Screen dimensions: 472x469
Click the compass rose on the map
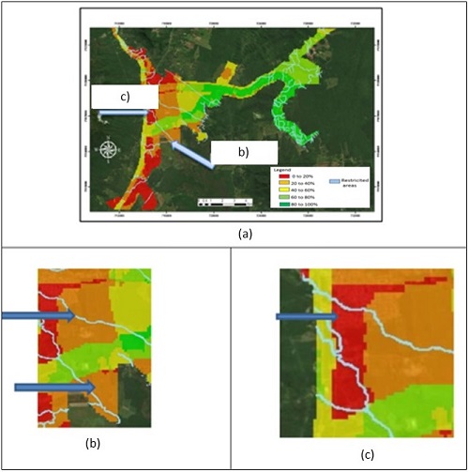click(x=109, y=149)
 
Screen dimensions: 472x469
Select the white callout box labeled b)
click(x=243, y=151)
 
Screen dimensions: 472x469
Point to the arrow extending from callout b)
click(x=191, y=153)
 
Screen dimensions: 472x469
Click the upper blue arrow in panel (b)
click(x=38, y=316)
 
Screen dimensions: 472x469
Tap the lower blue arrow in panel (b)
click(x=54, y=386)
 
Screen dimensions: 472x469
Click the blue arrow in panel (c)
click(x=306, y=317)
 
